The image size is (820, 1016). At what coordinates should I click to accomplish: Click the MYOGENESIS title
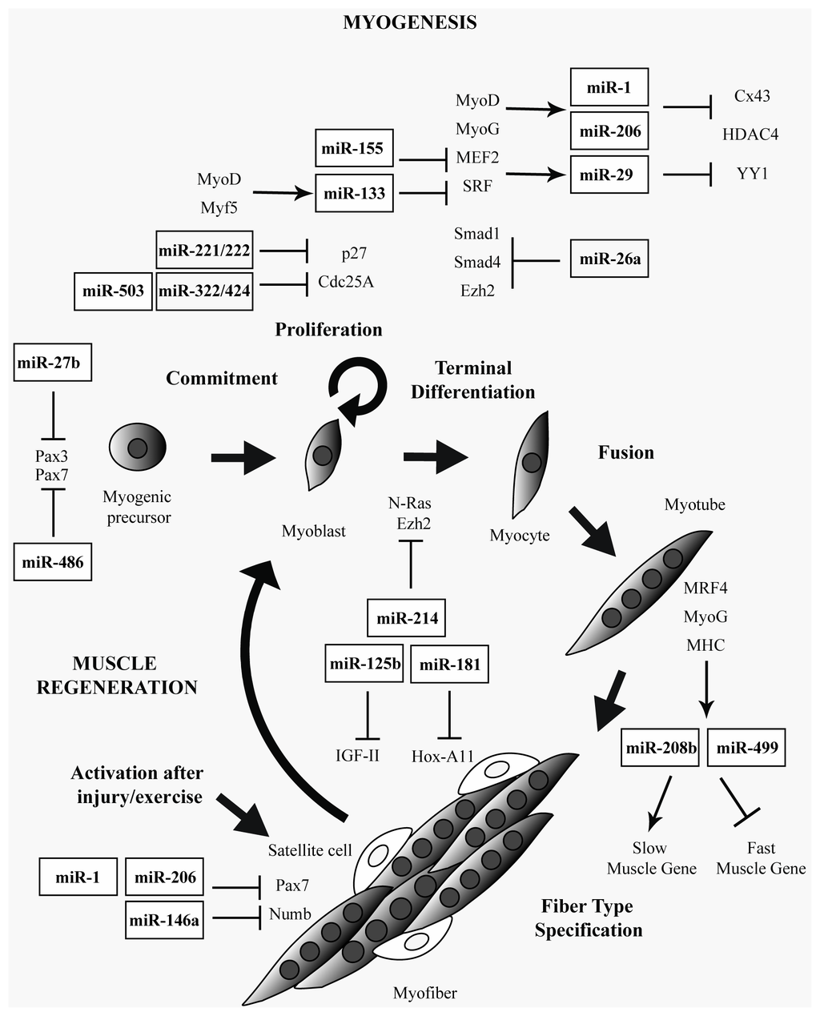(409, 22)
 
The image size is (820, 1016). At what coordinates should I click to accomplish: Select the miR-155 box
(354, 148)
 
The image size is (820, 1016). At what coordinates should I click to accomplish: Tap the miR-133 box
(354, 193)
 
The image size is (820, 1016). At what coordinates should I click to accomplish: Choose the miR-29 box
(609, 175)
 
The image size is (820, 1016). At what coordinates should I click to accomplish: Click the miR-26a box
(609, 259)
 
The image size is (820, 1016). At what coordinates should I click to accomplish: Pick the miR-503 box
(114, 291)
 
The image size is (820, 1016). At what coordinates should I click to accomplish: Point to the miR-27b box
(52, 362)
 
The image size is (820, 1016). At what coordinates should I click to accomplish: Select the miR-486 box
(52, 561)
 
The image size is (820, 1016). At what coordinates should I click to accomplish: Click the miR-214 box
(406, 618)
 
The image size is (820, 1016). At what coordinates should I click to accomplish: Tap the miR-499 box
(746, 747)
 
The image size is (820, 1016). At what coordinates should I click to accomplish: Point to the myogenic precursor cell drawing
(138, 447)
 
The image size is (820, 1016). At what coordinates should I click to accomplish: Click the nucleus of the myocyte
(532, 463)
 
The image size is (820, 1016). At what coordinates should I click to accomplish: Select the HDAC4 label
(750, 135)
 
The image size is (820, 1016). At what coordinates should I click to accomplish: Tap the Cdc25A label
(346, 282)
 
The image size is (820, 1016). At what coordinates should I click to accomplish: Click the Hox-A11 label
(443, 756)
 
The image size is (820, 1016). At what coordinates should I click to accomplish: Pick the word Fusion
(626, 452)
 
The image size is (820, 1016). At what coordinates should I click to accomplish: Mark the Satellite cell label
(310, 849)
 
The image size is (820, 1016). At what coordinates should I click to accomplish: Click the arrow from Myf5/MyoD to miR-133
(283, 193)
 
